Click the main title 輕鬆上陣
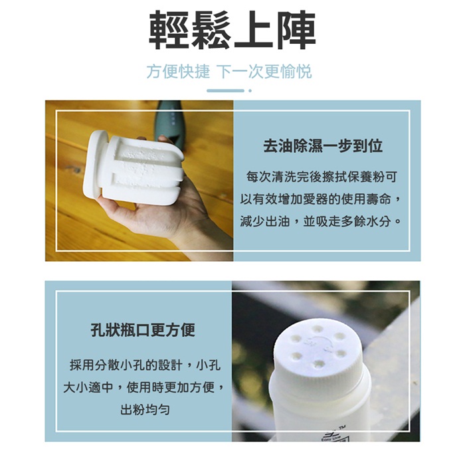(232, 30)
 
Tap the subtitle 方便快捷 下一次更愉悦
(229, 72)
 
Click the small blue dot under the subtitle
(250, 91)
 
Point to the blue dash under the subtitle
(225, 91)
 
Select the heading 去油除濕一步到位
(323, 146)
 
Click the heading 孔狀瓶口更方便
(143, 329)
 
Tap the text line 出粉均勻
(145, 410)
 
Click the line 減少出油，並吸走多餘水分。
(321, 221)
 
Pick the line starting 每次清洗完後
(322, 177)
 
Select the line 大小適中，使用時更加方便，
(144, 387)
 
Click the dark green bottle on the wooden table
(169, 121)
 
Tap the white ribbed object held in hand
(134, 167)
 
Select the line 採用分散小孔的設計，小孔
(145, 365)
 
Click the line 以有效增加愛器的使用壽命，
(321, 199)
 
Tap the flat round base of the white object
(94, 163)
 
